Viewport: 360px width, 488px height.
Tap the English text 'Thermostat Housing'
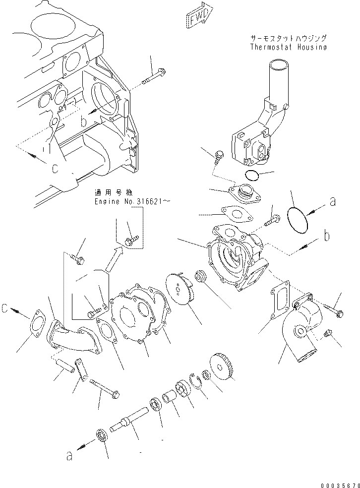(288, 47)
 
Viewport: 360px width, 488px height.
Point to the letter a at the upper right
(332, 201)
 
